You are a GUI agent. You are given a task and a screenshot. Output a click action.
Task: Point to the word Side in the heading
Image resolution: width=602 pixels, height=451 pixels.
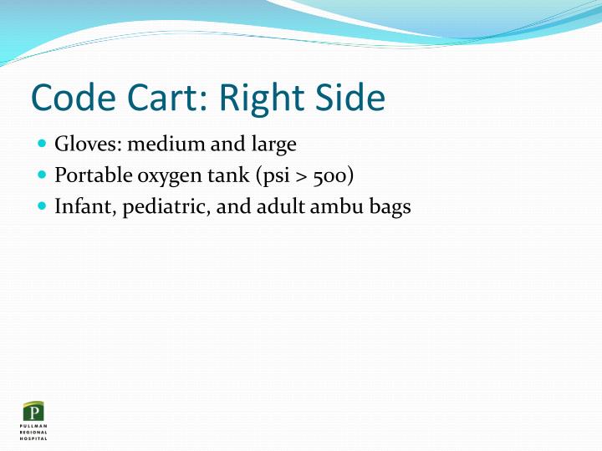point(352,99)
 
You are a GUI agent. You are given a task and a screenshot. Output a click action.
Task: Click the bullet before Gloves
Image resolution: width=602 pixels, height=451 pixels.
point(43,144)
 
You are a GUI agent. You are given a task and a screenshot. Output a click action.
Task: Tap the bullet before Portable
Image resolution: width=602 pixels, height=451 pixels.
point(43,175)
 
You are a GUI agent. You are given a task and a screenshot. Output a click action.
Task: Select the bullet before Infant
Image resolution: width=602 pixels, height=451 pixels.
point(43,206)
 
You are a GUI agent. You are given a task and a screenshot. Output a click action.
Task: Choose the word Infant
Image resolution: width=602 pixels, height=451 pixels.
point(84,206)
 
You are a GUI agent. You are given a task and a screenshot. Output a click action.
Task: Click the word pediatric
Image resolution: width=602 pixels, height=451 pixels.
point(166,206)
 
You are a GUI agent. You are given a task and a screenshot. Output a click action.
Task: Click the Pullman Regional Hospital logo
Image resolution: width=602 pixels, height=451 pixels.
point(34,420)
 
